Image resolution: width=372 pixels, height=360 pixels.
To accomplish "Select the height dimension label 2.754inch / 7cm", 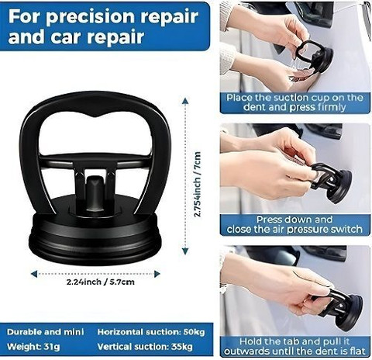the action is [x=198, y=184].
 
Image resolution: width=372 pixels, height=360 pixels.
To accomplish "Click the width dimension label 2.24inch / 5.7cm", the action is [x=101, y=282].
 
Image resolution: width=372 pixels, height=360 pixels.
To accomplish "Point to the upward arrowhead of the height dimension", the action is [x=185, y=101].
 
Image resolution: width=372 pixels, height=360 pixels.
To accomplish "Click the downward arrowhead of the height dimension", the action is [x=185, y=251].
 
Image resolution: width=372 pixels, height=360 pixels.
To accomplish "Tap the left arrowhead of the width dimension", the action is [x=34, y=274].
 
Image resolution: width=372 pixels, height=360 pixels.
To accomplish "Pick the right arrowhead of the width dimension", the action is [x=157, y=274].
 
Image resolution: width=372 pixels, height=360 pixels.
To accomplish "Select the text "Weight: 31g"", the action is [x=33, y=347].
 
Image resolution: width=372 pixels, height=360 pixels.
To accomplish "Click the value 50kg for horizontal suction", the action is [x=194, y=332].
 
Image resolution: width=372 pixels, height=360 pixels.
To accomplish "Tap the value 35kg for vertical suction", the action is [x=182, y=347].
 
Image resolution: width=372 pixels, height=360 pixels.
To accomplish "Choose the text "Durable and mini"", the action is [x=46, y=332].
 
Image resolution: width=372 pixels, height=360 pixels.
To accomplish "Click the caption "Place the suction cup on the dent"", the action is [x=294, y=102].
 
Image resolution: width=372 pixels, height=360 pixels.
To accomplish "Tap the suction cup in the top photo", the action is [x=315, y=56].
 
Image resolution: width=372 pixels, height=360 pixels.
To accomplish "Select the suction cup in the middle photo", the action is [x=332, y=182].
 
